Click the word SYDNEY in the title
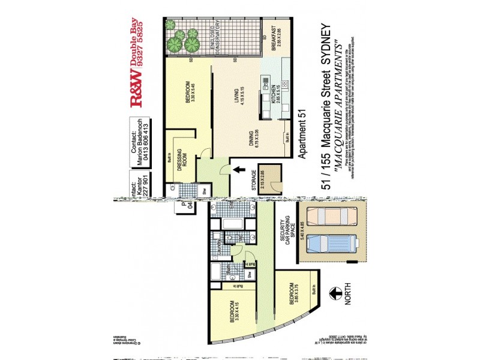tap(328, 44)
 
